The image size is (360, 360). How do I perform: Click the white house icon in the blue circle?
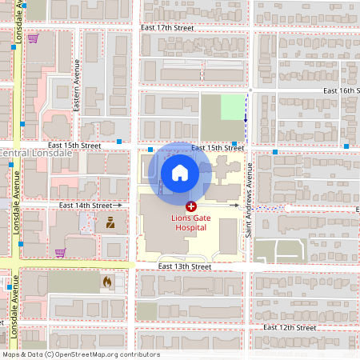pyautogui.click(x=180, y=172)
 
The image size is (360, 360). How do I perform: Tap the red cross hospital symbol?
pyautogui.click(x=190, y=206)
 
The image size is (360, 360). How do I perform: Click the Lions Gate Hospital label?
pyautogui.click(x=190, y=222)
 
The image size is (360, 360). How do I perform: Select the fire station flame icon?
pyautogui.click(x=106, y=282)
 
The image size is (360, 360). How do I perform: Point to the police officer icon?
pyautogui.click(x=110, y=224)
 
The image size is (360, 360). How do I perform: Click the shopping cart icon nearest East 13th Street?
pyautogui.click(x=60, y=253)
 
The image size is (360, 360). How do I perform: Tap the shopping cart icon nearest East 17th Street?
pyautogui.click(x=33, y=38)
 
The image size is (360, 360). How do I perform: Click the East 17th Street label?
pyautogui.click(x=166, y=27)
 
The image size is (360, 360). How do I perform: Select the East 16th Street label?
pyautogui.click(x=342, y=91)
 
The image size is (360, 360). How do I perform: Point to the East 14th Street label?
pyautogui.click(x=85, y=206)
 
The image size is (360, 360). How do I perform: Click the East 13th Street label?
pyautogui.click(x=184, y=266)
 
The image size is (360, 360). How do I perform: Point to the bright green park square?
pyautogui.click(x=232, y=107)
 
